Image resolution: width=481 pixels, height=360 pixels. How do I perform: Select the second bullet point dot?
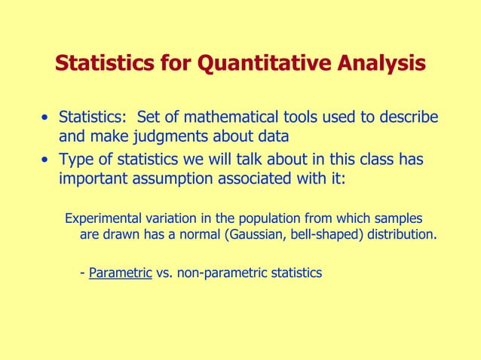pyautogui.click(x=47, y=161)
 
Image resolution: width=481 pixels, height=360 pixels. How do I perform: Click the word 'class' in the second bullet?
pyautogui.click(x=375, y=160)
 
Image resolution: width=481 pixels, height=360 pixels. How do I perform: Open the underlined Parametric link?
pyautogui.click(x=120, y=273)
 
